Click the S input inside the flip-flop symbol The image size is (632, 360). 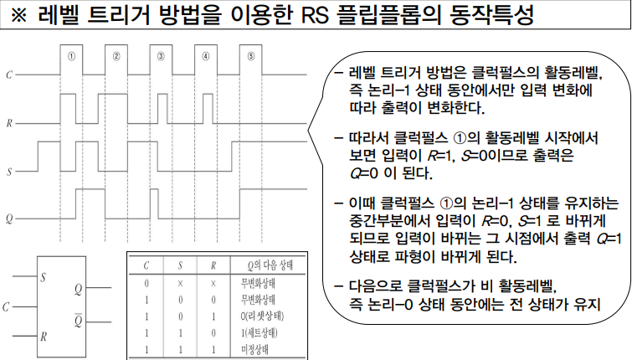coord(44,275)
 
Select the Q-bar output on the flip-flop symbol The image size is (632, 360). coord(78,321)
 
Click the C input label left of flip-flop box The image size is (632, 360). coord(6,306)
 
